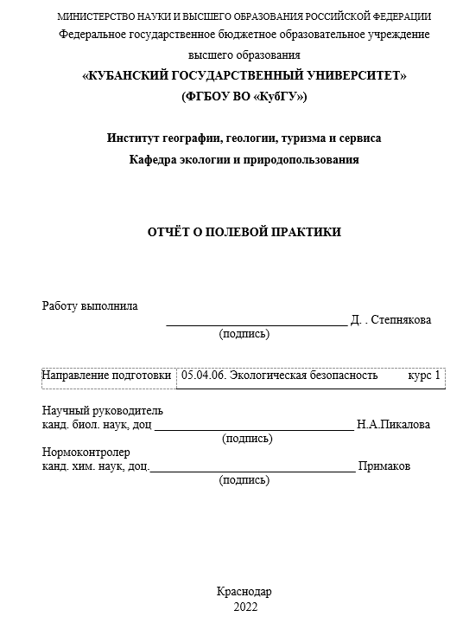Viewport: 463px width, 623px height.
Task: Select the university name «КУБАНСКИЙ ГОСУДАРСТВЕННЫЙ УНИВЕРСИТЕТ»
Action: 244,76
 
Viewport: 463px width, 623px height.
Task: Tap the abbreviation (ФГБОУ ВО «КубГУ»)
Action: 244,96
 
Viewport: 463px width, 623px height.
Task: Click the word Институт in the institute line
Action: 132,138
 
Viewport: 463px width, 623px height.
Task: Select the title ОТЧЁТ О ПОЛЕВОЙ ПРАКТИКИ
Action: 244,232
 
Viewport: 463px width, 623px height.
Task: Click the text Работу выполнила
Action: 89,305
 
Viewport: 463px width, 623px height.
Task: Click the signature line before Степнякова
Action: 256,324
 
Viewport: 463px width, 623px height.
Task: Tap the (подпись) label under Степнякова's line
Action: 244,334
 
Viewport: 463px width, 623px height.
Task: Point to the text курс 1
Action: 423,376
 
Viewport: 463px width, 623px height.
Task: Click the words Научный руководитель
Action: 103,411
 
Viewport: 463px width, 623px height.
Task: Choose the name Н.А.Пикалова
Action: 393,424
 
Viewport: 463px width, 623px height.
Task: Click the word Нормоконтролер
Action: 86,453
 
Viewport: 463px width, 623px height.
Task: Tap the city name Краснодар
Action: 244,592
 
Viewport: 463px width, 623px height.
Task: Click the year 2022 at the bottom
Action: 245,607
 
